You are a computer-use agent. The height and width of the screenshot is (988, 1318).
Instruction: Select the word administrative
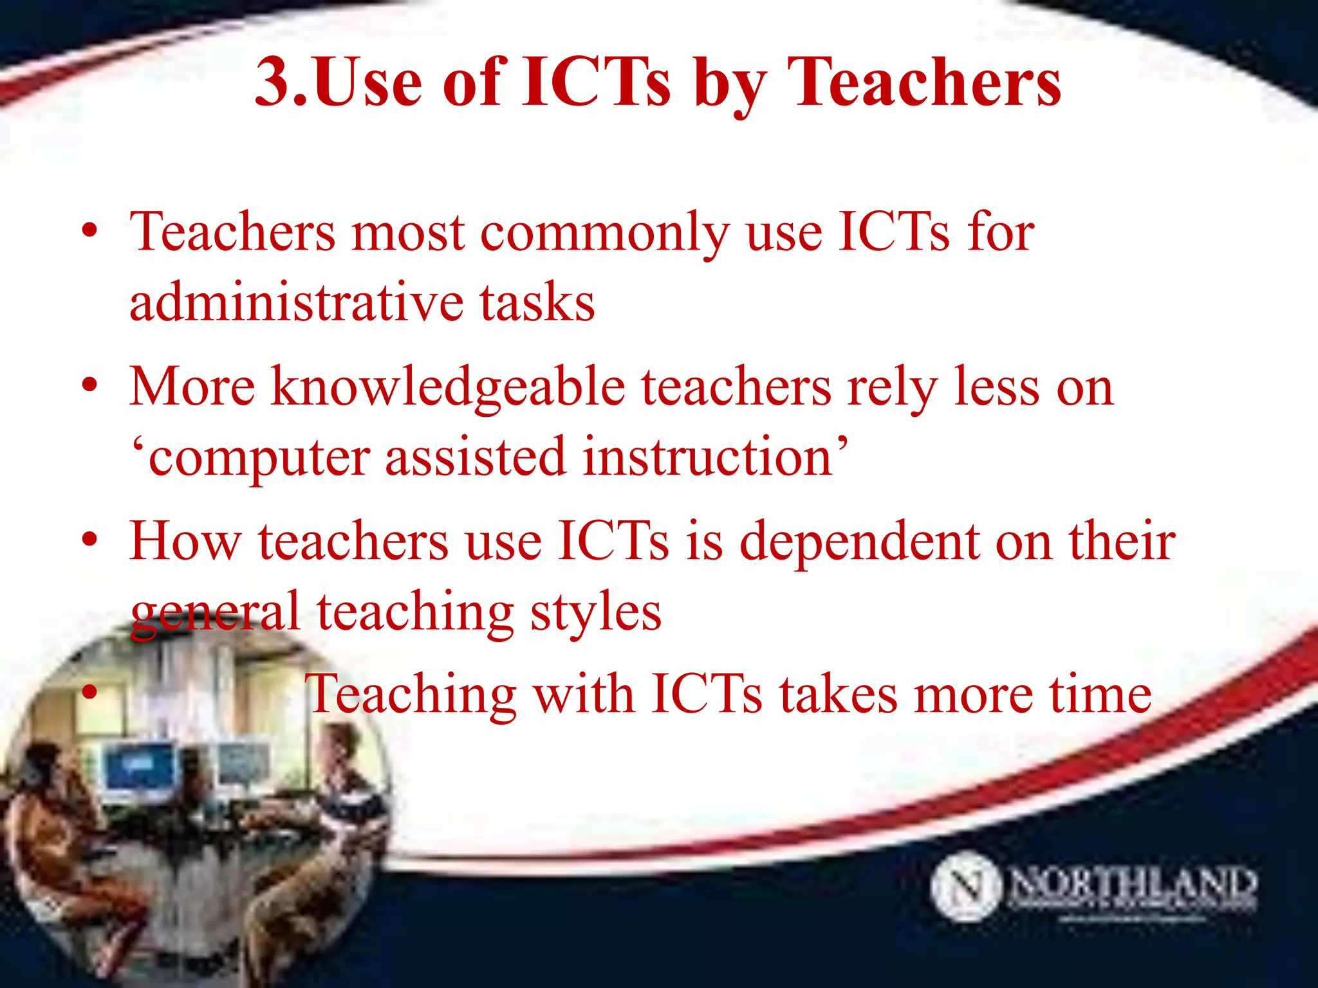(296, 302)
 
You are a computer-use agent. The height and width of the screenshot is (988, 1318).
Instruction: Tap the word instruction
(708, 457)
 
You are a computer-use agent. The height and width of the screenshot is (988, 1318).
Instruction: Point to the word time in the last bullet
(1100, 695)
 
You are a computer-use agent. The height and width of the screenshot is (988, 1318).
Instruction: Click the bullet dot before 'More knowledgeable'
(89, 386)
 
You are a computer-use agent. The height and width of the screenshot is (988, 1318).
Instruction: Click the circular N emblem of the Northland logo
(965, 886)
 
